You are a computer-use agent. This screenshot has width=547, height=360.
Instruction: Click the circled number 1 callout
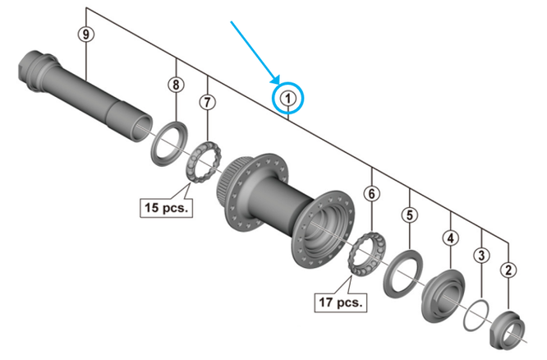288,99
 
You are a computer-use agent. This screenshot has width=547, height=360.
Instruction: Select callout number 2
510,270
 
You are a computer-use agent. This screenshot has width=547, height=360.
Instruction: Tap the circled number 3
482,255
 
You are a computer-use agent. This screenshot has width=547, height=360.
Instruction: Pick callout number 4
450,238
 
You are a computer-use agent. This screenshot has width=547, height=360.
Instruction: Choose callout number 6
372,194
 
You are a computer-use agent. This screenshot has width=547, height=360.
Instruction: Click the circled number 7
207,103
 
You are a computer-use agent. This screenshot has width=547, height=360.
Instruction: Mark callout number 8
177,85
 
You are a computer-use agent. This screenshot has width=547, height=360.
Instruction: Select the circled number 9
85,34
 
